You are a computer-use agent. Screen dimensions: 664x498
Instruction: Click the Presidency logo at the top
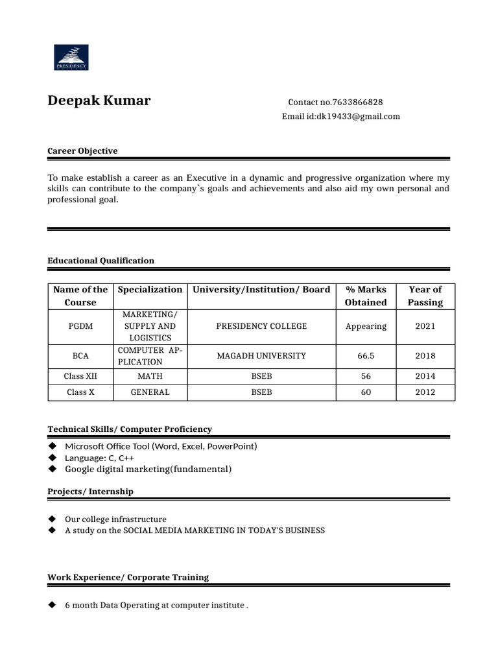[71, 57]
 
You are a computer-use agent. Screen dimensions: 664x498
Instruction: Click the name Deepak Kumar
[99, 101]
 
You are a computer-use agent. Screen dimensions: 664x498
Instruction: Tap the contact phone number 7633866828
[357, 102]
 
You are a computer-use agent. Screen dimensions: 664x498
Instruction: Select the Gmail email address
[358, 117]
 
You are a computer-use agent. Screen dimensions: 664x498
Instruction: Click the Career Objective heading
[82, 151]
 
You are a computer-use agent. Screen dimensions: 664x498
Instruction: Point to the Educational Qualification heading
[101, 261]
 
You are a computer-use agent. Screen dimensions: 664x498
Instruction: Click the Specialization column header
[150, 290]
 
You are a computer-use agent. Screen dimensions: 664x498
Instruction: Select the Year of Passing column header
[425, 296]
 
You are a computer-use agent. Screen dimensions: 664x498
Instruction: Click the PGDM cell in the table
[80, 326]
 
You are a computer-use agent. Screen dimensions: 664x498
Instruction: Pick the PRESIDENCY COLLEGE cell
[261, 326]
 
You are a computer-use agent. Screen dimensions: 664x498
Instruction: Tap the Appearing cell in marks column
[366, 326]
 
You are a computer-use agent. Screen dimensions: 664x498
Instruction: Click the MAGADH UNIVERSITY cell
[261, 356]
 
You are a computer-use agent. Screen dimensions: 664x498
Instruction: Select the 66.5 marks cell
[366, 356]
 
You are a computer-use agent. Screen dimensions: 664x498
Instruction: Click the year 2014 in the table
[425, 376]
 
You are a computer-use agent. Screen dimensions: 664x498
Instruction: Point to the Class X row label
[80, 392]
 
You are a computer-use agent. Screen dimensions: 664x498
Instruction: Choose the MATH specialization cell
[150, 376]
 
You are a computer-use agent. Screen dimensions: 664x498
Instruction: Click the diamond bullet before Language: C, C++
[52, 458]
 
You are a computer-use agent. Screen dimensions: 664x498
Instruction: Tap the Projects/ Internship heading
[90, 492]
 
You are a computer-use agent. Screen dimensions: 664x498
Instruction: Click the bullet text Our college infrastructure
[115, 519]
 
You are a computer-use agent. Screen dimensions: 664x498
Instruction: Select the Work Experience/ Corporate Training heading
[128, 577]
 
